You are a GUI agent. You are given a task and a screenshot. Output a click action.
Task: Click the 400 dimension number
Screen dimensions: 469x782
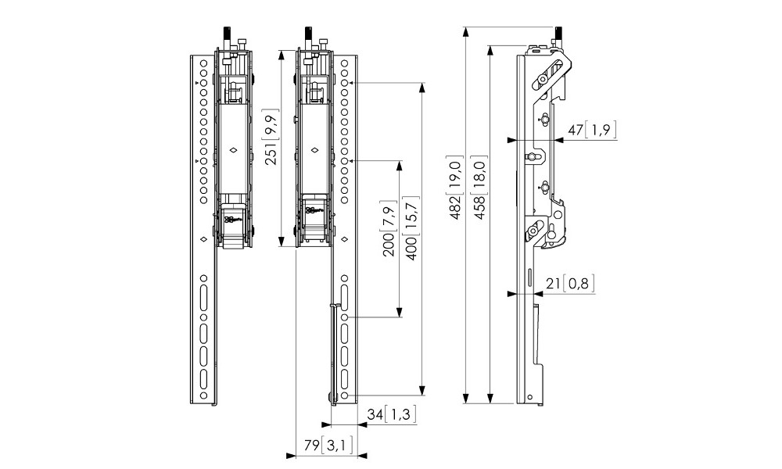[x=409, y=251]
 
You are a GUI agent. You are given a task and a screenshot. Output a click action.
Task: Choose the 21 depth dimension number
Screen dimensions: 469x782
[x=554, y=284]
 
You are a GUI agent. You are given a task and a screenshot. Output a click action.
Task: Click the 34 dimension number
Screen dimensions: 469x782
[x=376, y=414]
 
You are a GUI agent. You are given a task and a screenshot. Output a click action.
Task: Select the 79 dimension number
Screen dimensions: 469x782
[x=312, y=446]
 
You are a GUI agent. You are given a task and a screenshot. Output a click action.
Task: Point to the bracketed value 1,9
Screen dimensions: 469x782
[x=601, y=130]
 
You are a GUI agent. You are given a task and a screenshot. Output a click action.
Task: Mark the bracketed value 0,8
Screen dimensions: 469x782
[x=579, y=284]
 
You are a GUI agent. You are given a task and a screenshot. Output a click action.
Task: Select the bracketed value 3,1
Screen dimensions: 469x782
[x=338, y=446]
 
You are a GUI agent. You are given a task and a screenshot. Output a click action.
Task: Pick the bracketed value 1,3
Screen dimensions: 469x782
[x=401, y=414]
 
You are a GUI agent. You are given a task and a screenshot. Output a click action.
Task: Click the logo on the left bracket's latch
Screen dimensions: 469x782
[x=231, y=220]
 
